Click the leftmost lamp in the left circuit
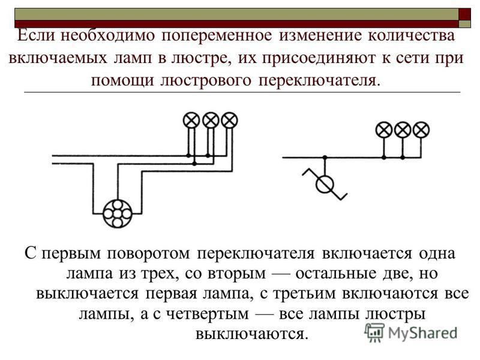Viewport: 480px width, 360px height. click(191, 120)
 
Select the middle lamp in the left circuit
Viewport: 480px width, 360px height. click(211, 120)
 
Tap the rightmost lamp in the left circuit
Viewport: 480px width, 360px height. click(229, 120)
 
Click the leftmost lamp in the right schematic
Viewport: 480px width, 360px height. click(384, 130)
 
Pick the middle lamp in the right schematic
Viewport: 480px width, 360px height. click(403, 130)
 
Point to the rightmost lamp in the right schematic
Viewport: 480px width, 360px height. click(421, 130)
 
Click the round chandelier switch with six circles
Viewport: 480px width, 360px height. click(117, 214)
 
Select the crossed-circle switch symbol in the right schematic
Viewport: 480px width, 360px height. click(325, 184)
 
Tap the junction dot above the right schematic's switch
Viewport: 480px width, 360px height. click(325, 157)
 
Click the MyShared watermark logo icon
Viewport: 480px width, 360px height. click(374, 332)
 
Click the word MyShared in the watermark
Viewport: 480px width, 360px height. click(422, 333)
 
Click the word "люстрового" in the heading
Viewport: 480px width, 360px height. click(206, 80)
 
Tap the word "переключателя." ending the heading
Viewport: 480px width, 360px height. click(320, 80)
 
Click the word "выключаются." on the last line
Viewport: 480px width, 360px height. click(251, 334)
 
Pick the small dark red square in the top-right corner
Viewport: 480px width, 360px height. click(464, 14)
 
